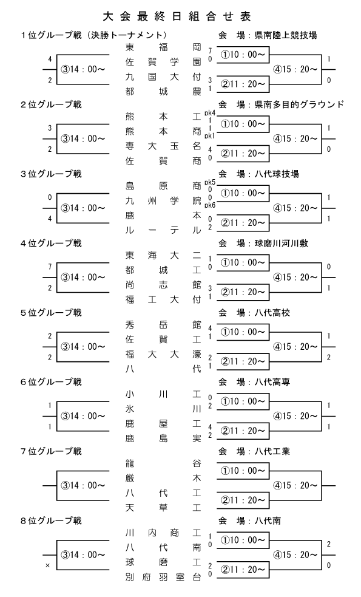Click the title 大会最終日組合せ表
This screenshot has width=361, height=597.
tap(177, 16)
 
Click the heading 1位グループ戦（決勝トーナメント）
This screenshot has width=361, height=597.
tap(94, 35)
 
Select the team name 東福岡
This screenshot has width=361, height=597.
tap(163, 47)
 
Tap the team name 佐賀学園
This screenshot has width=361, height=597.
tap(163, 62)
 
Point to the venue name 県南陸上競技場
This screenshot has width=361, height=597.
tap(286, 35)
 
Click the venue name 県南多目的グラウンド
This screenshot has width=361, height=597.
tap(299, 104)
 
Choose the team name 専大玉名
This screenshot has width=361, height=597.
tap(163, 146)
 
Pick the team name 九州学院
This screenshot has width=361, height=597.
tap(163, 200)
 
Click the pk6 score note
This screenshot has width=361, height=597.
tap(209, 206)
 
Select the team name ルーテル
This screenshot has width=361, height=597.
tap(163, 230)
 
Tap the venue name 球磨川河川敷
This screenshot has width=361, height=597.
tap(282, 244)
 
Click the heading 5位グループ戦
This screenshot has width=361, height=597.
tap(52, 313)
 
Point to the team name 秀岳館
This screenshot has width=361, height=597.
tap(163, 325)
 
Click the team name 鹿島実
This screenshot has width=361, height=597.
tap(163, 438)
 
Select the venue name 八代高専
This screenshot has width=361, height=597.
tap(272, 382)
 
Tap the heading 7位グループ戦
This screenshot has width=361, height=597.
tap(52, 451)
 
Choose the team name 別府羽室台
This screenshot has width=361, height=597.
tap(163, 577)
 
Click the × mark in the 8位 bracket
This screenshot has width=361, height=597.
tap(47, 566)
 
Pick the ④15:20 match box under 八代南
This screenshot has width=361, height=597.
tap(295, 555)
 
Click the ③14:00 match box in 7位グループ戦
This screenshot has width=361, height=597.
tap(83, 485)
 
